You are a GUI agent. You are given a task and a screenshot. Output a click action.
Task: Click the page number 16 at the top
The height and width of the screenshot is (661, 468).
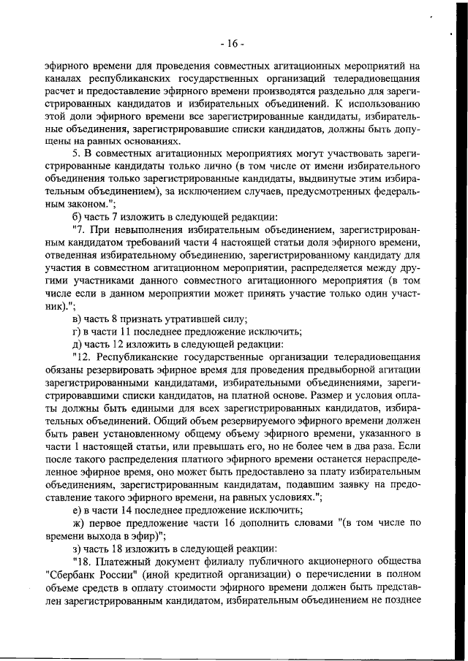click(x=233, y=43)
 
